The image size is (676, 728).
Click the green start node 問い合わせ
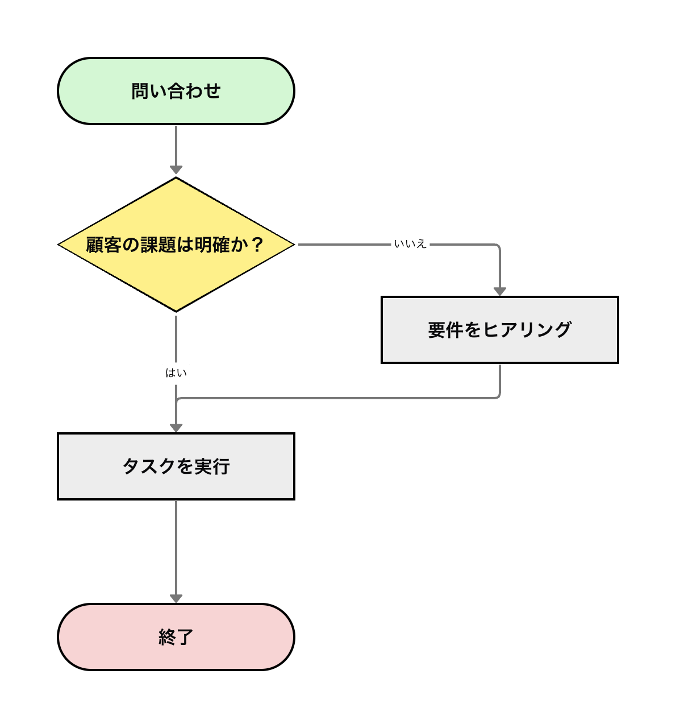[176, 91]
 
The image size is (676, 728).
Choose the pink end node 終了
[176, 637]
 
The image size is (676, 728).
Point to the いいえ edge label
[410, 244]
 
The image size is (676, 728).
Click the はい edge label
[176, 373]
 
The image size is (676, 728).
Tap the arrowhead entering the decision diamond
[176, 170]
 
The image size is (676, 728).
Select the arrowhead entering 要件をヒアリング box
[500, 291]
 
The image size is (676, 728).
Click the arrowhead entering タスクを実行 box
[176, 428]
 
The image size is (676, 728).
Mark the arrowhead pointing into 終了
[176, 598]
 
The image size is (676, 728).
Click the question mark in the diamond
[257, 245]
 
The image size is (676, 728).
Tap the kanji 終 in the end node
[167, 637]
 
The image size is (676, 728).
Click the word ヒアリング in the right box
[527, 330]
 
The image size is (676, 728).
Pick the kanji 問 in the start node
[140, 91]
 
